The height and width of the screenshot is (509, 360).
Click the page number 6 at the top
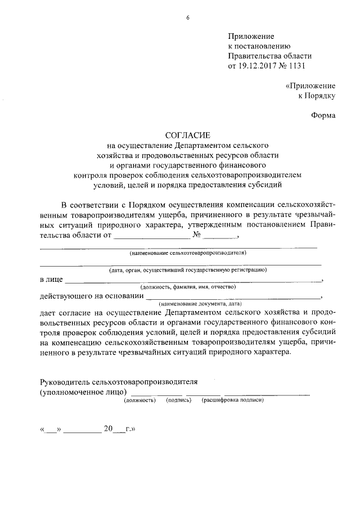click(x=188, y=17)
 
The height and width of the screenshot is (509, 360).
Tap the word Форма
click(x=323, y=116)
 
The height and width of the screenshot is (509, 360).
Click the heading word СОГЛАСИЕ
click(x=187, y=135)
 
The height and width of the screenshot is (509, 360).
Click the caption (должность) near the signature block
click(x=139, y=400)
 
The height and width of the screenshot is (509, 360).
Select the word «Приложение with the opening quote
click(x=310, y=86)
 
